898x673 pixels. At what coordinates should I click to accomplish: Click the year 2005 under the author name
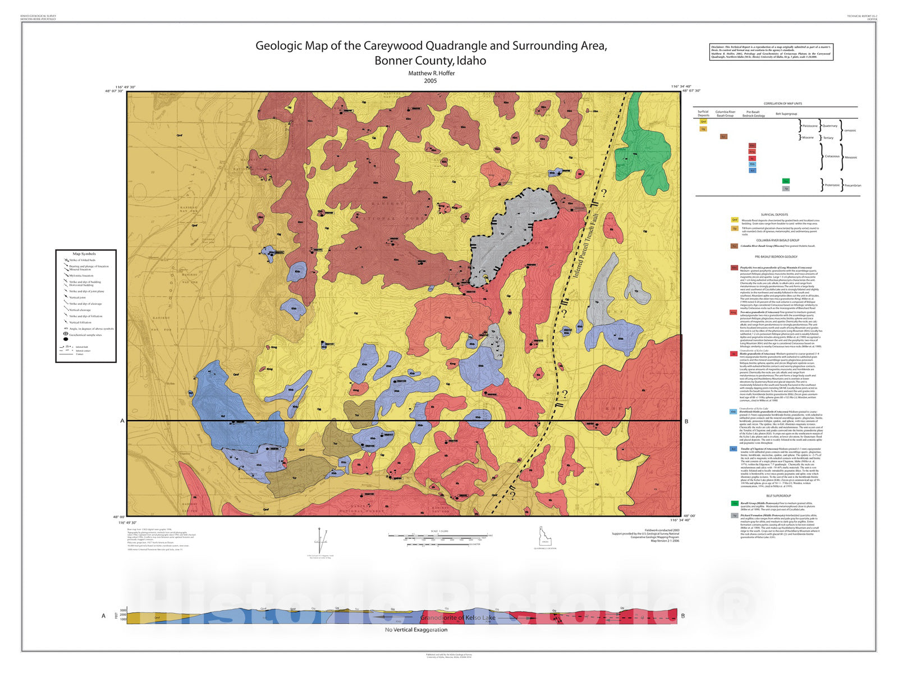coord(430,81)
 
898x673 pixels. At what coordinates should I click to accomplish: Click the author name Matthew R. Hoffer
coord(431,73)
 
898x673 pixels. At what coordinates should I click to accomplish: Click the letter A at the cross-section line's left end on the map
coord(122,421)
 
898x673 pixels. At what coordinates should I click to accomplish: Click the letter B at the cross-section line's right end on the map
coord(686,421)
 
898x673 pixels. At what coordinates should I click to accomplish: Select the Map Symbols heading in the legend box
coord(84,254)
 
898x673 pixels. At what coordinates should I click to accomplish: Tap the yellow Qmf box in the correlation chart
coord(703,122)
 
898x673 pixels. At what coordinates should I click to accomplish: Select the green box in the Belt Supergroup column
coord(786,181)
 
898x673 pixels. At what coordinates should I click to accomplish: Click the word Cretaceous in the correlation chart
coord(832,156)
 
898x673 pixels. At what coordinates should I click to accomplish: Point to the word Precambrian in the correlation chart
coord(852,185)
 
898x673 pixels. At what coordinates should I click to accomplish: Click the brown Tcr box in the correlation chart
coord(723,136)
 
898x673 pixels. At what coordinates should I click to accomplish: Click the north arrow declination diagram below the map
coord(320,541)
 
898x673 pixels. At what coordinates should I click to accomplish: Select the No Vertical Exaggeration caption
coord(416,630)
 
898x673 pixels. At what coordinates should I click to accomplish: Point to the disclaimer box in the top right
coord(771,52)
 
